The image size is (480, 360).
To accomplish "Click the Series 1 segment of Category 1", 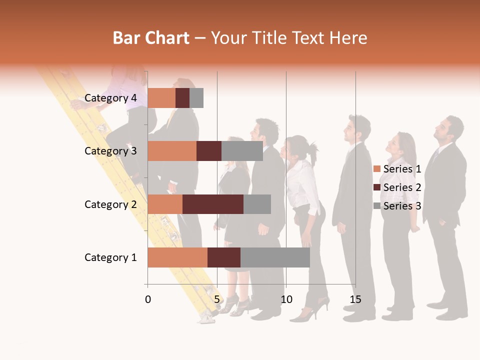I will point(177,257).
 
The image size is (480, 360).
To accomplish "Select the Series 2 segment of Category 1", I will point(223,257).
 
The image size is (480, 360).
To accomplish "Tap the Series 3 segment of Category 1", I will point(275,257).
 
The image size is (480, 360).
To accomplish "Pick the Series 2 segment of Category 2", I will point(212,204).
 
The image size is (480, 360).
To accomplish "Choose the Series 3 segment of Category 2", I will point(257,204).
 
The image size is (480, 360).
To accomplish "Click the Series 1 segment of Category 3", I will point(172,151).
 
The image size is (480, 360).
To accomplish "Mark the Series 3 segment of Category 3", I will point(242,151).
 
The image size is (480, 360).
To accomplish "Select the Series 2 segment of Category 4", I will point(182,98).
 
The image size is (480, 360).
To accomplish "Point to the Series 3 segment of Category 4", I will point(196,98).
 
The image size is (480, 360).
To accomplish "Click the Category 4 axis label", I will point(110,98).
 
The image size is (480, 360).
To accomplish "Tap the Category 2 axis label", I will point(110,204).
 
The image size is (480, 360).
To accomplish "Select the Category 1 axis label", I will point(110,257).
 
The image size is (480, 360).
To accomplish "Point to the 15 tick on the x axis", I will point(355,299).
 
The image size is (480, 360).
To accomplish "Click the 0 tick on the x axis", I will point(148,299).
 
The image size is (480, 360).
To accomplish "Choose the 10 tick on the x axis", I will point(286,299).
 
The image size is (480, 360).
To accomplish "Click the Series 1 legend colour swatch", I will point(377,169).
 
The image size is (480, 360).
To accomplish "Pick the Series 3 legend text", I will point(402,206).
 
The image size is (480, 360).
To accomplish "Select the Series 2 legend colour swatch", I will point(377,187).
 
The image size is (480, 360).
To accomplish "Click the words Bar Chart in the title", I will point(151,37).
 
